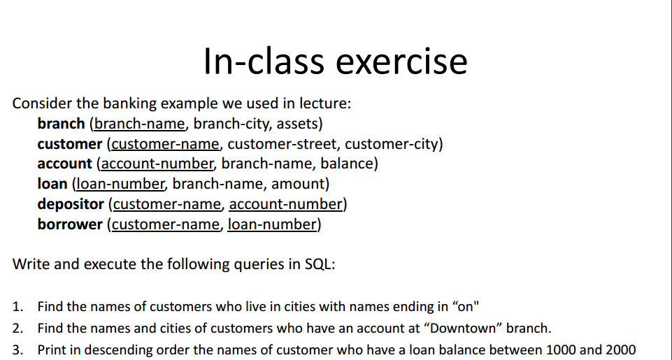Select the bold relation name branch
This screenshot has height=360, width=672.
point(61,124)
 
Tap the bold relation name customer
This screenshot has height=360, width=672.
point(70,144)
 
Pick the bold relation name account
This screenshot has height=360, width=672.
point(64,164)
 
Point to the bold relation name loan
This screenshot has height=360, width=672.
point(52,184)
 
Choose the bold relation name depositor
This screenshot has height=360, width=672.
point(71,204)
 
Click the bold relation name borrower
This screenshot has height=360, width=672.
point(70,224)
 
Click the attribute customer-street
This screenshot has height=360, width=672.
point(283,144)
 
